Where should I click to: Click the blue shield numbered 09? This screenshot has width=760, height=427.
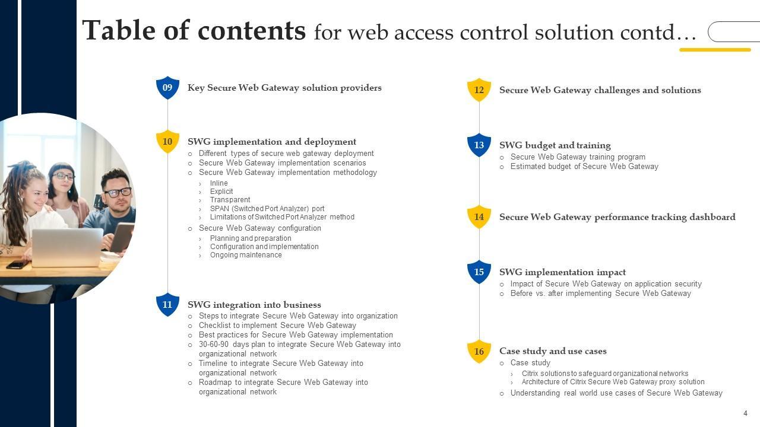167,88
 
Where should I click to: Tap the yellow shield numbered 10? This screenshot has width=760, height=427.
167,142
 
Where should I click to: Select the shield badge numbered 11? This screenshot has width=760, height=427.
167,304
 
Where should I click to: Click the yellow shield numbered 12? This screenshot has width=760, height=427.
479,90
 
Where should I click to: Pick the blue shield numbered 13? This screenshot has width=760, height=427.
479,145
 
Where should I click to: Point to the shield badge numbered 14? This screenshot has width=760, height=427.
479,217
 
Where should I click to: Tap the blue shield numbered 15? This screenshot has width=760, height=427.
479,272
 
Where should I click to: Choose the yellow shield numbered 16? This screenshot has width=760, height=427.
479,351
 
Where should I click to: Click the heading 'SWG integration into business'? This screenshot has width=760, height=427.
254,305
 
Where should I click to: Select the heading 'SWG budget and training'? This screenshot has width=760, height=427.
555,145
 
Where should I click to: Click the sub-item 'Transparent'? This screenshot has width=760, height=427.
230,200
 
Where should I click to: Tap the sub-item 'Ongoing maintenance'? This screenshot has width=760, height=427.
246,255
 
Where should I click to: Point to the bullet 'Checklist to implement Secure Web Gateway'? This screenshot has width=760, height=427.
277,326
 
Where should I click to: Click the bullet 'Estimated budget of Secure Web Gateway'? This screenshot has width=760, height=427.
584,167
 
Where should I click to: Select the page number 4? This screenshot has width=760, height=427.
745,413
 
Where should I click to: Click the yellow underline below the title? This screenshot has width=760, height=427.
715,50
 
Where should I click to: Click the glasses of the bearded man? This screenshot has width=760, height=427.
118,192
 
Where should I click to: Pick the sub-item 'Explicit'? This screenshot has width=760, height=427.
221,192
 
